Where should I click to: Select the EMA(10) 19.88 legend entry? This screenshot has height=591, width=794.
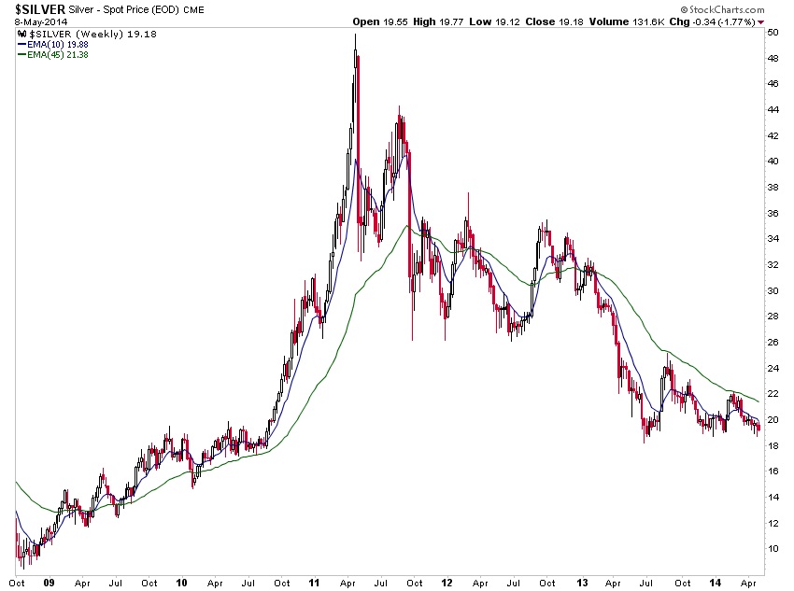coord(53,43)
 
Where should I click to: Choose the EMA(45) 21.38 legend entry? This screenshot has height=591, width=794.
coord(53,54)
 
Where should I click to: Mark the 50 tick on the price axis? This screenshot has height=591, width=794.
coord(773,32)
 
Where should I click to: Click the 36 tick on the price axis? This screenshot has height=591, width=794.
coord(773,212)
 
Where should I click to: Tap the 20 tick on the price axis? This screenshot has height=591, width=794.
coord(773,418)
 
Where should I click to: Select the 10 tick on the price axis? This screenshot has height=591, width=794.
coord(773,547)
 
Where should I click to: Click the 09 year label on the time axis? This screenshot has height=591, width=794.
coord(50,583)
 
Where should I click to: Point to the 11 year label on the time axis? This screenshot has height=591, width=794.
coord(316,583)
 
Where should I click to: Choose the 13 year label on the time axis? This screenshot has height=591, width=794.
coord(581,583)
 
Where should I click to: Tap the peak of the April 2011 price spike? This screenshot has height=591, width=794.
coord(355,35)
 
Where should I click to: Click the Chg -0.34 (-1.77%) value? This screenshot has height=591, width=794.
coord(723,21)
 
